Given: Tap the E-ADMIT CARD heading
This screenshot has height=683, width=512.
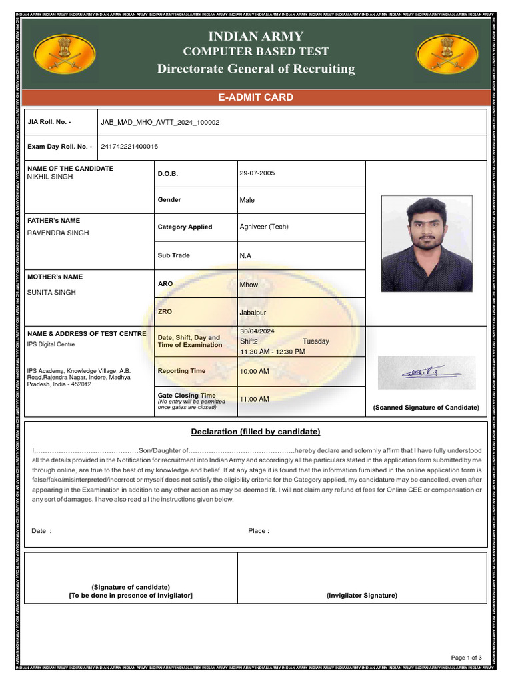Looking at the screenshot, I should (x=256, y=97).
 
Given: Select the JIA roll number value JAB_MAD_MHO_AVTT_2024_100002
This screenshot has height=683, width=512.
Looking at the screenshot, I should (x=159, y=123).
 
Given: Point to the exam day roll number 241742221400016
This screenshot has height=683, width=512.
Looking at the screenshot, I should (x=129, y=147).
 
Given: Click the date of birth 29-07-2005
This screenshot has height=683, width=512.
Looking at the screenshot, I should (x=257, y=173).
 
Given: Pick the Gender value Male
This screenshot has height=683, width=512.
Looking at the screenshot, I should (x=247, y=200).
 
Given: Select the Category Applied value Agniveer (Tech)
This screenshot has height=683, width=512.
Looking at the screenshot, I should (x=263, y=227).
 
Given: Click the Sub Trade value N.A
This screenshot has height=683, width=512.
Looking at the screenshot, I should (x=245, y=255).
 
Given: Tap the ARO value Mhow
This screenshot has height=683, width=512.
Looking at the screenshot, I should (x=248, y=285).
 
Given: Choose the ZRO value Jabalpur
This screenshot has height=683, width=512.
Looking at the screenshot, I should (x=253, y=313).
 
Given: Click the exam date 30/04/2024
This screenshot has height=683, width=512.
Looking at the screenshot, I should (x=257, y=331).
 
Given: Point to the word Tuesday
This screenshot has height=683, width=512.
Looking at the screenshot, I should (x=315, y=341).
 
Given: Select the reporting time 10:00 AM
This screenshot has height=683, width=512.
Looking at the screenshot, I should (x=254, y=372).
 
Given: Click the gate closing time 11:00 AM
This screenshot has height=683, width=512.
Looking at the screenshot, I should (x=254, y=399).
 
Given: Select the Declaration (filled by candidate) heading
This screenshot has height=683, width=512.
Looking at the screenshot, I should (x=255, y=432).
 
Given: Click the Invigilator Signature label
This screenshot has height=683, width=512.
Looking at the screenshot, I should (x=361, y=595).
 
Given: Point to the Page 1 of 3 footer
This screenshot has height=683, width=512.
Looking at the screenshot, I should (x=466, y=658).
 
